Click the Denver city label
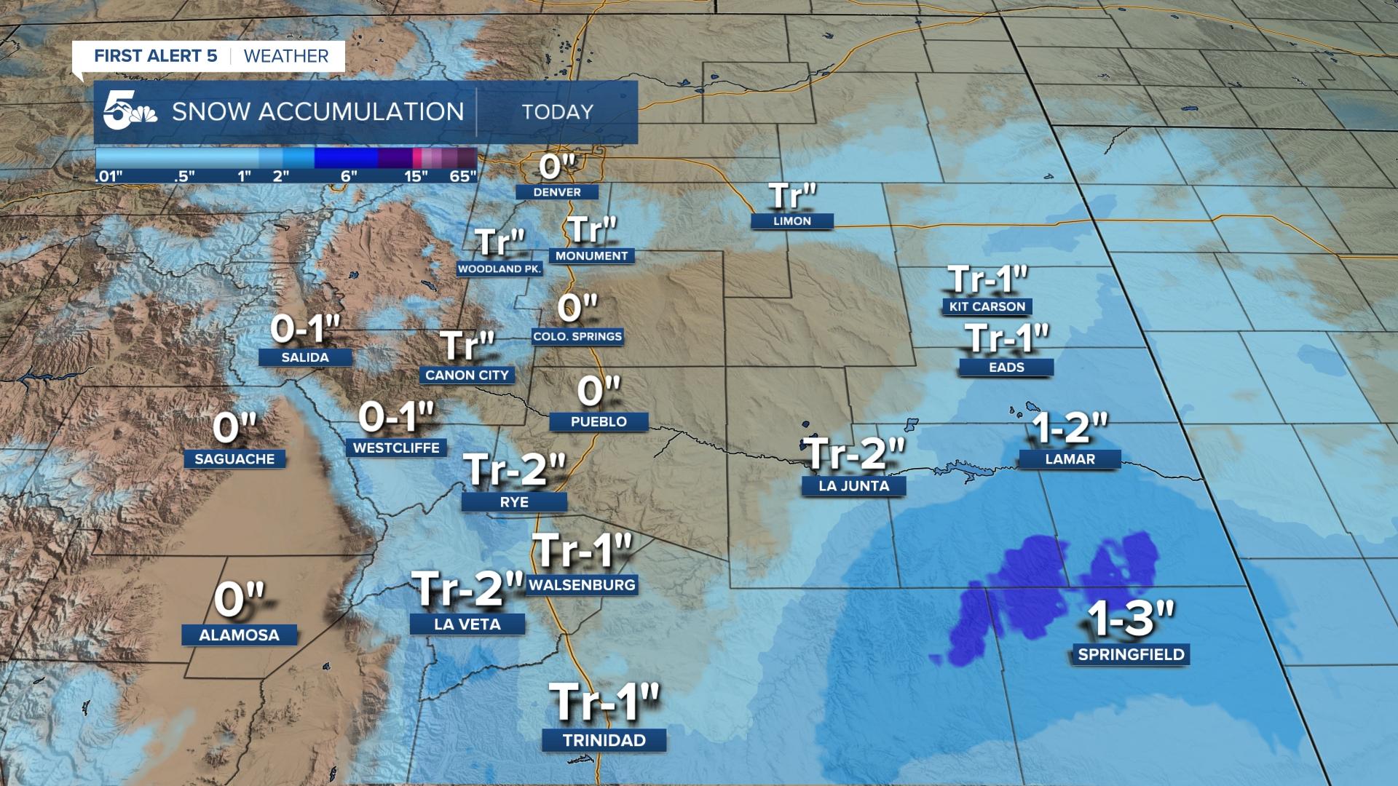point(557,192)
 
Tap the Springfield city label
point(1131,654)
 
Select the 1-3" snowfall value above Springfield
point(1131,619)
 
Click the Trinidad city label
point(604,740)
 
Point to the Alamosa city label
point(240,635)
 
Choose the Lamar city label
point(1070,459)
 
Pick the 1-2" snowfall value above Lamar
point(1070,429)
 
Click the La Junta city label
point(853,485)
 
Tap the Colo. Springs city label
point(577,336)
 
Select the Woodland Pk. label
point(499,269)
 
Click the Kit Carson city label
point(987,306)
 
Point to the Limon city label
point(792,221)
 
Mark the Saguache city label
point(234,459)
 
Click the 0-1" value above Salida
point(305,330)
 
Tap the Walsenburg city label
point(582,584)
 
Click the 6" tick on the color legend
point(349,176)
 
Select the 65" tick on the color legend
point(463,176)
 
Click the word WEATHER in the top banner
point(286,56)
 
